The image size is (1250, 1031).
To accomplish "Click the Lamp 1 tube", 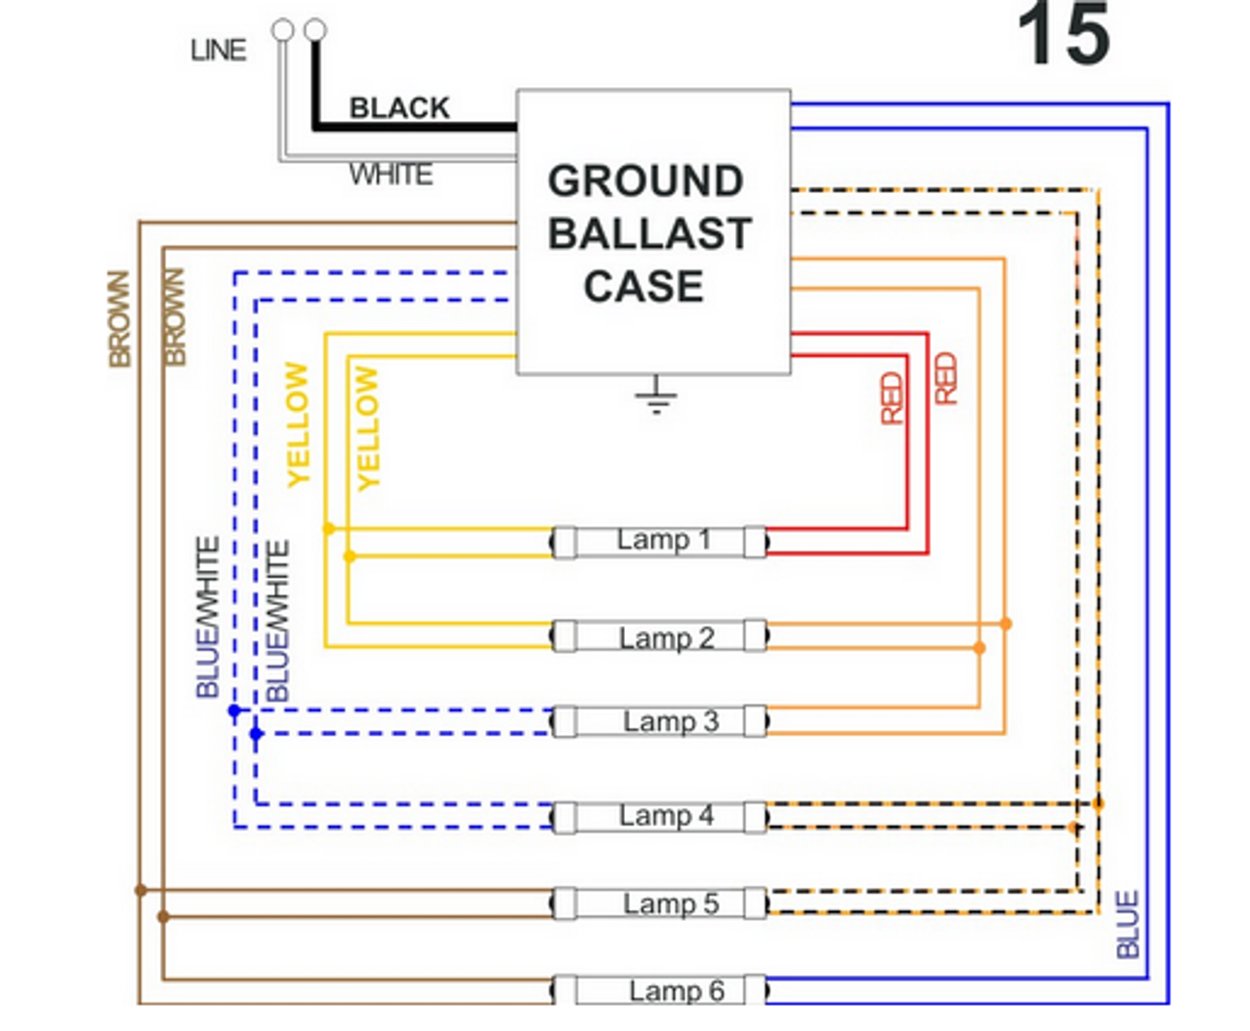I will coord(660,542).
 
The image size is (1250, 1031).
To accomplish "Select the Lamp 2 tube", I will coord(660,638).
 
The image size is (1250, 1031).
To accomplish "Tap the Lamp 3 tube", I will coord(660,722).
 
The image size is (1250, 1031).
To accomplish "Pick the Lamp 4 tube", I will coord(660,816).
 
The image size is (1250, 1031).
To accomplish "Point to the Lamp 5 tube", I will coord(660,904).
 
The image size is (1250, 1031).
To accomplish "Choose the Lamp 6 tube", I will coord(660,991).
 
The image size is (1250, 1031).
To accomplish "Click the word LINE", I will coord(218,50).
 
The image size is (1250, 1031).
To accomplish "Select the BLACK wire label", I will coord(399,107).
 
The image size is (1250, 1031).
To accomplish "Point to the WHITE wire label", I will coord(391,175).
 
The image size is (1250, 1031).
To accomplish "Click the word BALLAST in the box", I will coord(649,234).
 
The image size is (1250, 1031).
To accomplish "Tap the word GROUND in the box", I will coord(646,182).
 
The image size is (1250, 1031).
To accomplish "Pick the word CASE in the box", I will coord(644,287).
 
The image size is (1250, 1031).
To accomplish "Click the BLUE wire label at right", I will coord(1128,924).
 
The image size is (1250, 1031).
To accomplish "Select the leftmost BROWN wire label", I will coord(119,318).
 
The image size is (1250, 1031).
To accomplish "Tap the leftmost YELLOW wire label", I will coord(297,424).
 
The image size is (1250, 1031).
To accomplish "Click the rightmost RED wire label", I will coord(944,379).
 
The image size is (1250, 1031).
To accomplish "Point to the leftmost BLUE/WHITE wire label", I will coord(208,617).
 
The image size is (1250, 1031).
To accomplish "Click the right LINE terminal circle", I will coord(314,30).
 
